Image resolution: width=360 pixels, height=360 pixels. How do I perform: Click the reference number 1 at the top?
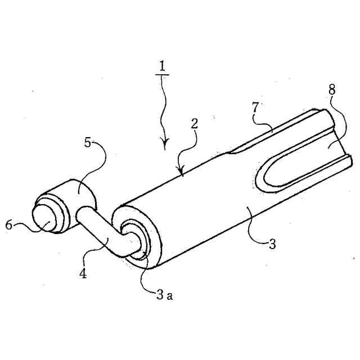(163, 66)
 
